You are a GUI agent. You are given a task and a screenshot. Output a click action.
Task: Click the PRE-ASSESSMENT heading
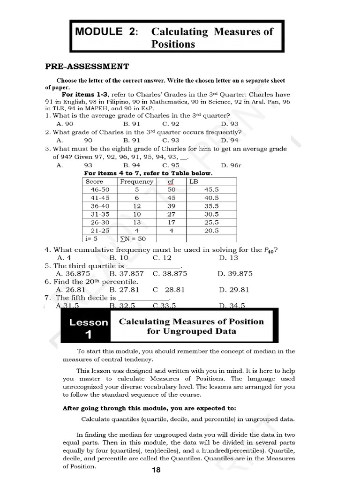pyautogui.click(x=87, y=67)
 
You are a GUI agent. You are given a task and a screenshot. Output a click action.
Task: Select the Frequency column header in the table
pyautogui.click(x=136, y=181)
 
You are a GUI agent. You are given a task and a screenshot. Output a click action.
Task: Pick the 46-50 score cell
pyautogui.click(x=99, y=189)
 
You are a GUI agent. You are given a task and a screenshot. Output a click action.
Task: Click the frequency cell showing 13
pyautogui.click(x=136, y=222)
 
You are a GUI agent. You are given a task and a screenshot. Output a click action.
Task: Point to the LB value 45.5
pyautogui.click(x=211, y=189)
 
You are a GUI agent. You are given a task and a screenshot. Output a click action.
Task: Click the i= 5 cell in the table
pyautogui.click(x=92, y=239)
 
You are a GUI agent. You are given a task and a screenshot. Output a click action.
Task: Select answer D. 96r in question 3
pyautogui.click(x=231, y=165)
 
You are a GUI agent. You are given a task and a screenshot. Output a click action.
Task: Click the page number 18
pyautogui.click(x=156, y=470)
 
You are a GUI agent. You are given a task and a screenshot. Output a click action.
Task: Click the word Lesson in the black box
pyautogui.click(x=89, y=322)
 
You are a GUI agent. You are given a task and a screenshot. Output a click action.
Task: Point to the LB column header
pyautogui.click(x=194, y=181)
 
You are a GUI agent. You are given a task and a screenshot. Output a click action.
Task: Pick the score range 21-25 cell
pyautogui.click(x=99, y=231)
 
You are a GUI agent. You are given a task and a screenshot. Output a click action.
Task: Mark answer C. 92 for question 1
pyautogui.click(x=171, y=124)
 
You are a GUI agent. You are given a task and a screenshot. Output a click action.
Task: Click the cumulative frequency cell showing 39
pyautogui.click(x=171, y=206)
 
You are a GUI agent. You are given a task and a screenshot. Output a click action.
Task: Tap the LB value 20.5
pyautogui.click(x=211, y=231)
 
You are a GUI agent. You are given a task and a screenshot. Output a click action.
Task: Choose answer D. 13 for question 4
pyautogui.click(x=228, y=258)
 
